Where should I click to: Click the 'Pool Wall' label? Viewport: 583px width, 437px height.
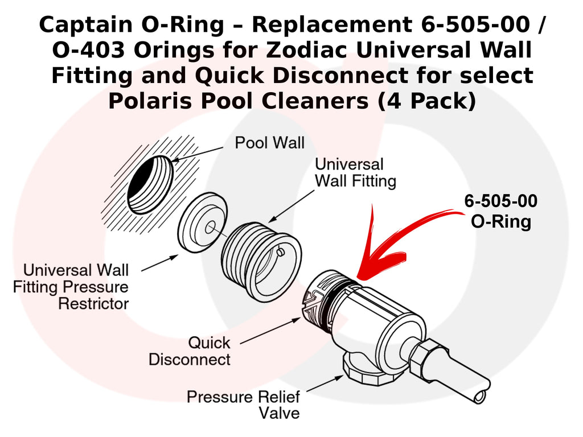(x=269, y=142)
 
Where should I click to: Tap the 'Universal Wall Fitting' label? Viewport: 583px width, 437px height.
(x=355, y=173)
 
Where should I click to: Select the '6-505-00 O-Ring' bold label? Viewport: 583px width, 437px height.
(x=500, y=212)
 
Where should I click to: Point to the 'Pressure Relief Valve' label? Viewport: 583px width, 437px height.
(x=243, y=404)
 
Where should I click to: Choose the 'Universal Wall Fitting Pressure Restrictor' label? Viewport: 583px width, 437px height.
(x=71, y=286)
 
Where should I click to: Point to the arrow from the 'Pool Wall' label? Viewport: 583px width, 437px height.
(x=199, y=153)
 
